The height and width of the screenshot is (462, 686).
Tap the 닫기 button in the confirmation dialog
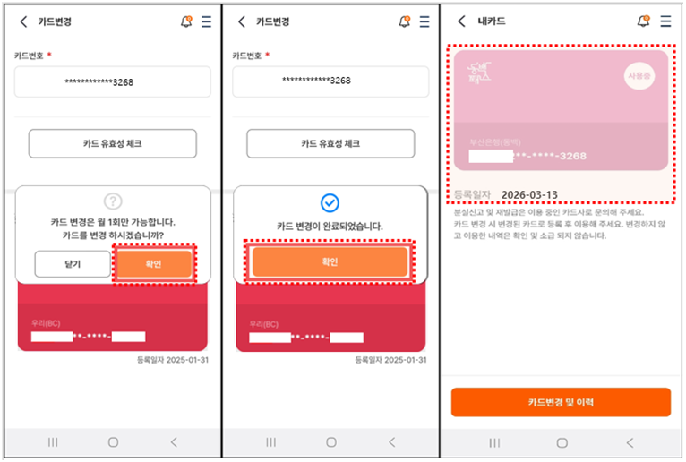coord(73,264)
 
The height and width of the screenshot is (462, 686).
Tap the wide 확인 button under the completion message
coord(330,262)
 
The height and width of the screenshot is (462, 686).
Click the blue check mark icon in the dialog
coord(330,203)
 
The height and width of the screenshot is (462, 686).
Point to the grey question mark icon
coord(113,201)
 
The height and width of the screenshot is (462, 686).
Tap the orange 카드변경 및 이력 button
coord(561,402)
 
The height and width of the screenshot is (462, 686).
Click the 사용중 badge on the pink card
coord(640,78)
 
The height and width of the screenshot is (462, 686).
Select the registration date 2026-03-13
coord(529,194)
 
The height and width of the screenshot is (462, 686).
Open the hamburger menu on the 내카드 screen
coord(665,21)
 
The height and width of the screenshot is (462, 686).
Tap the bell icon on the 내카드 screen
coord(643,21)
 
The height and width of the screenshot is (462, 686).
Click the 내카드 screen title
coord(492,21)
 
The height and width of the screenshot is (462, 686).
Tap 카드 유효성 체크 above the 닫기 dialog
coord(113,143)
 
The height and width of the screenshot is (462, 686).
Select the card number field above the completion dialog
coord(330,81)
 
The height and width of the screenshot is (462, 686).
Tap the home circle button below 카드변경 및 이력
coord(562,442)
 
